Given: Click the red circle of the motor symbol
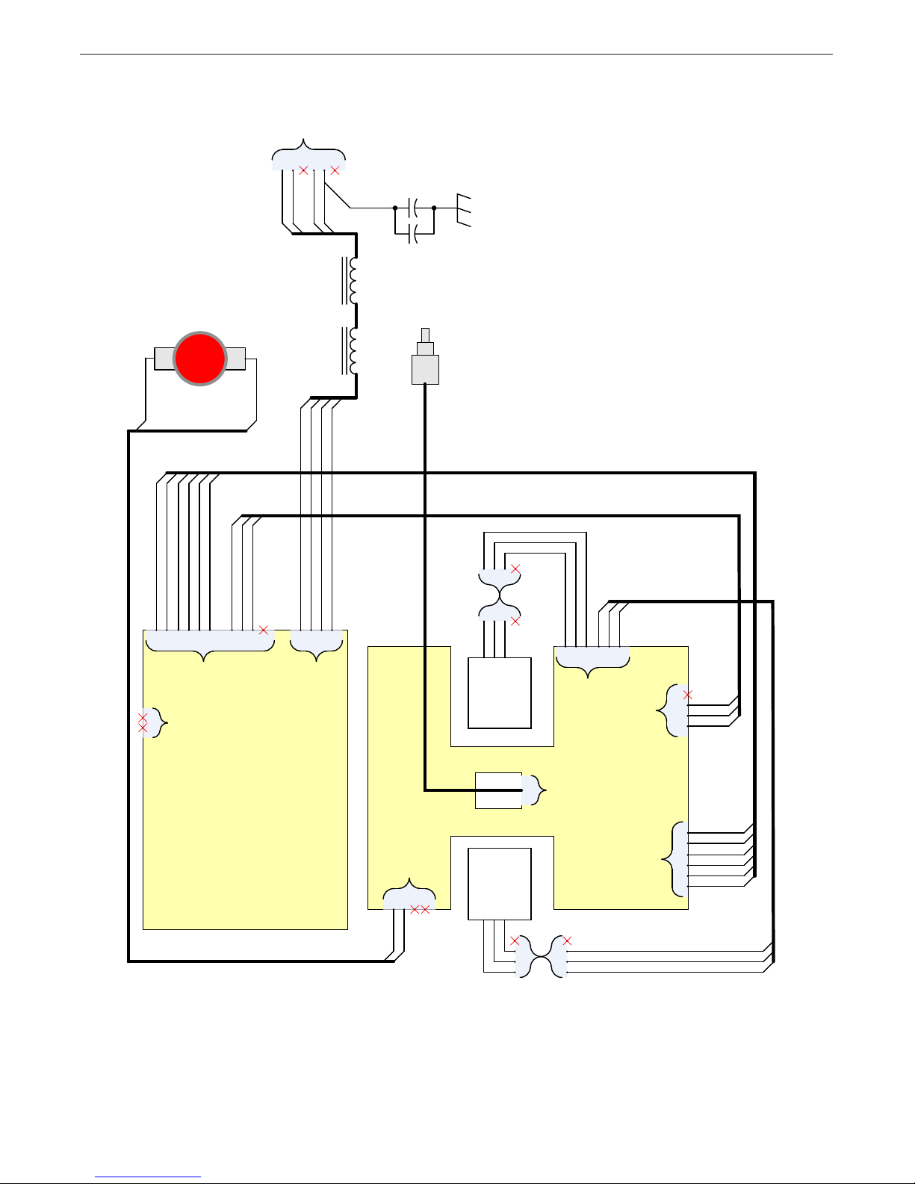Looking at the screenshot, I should (200, 359).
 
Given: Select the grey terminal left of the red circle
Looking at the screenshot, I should (164, 359).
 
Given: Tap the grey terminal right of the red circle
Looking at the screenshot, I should (236, 359).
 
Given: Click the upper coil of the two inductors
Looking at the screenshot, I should (352, 281).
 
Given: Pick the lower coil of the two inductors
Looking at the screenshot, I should (352, 350).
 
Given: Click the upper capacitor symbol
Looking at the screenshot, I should (414, 208).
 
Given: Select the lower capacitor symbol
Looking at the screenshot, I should (414, 234).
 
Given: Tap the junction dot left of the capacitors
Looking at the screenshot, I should (394, 208).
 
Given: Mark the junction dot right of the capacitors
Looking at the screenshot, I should (434, 208).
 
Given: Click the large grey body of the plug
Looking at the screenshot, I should (425, 370).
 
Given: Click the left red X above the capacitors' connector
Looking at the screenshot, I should (303, 170).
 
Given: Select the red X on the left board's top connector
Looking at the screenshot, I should (264, 630).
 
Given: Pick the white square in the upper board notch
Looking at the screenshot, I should (500, 692).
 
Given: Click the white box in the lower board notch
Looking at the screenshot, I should (499, 884).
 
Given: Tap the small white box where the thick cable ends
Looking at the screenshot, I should (498, 790).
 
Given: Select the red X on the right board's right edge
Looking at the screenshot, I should (688, 695).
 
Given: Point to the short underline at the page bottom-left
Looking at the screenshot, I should (149, 1177).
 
